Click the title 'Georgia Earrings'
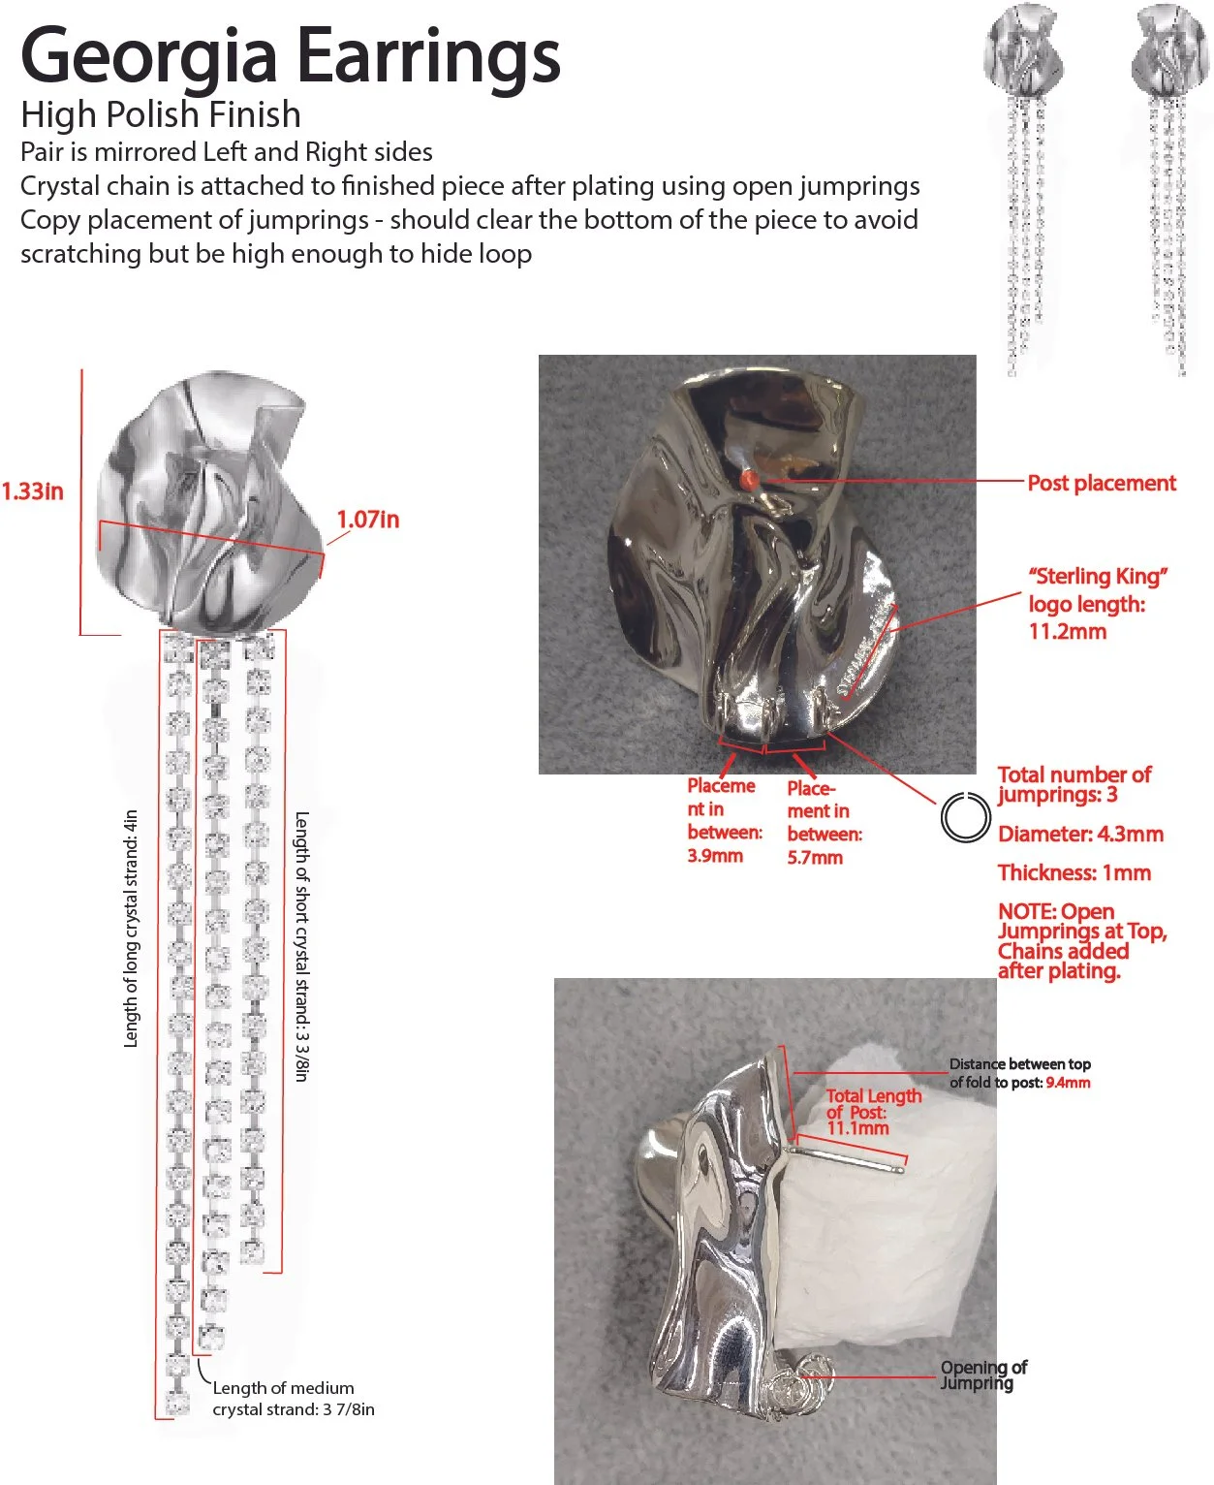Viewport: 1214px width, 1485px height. tap(291, 56)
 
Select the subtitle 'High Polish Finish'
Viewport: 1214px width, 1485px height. tap(161, 114)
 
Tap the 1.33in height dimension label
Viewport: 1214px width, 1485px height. tap(32, 490)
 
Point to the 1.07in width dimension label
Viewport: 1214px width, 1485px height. tap(367, 520)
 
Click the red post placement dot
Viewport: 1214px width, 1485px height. tap(748, 478)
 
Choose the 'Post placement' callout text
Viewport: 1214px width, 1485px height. tap(1101, 483)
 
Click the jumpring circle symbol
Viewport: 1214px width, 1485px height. tap(965, 817)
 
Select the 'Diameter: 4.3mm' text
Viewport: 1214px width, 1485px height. tap(1080, 834)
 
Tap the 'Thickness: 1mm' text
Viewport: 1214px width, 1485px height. tap(1074, 872)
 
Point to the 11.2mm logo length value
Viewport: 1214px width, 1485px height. tap(1067, 631)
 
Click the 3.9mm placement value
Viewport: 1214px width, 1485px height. tap(715, 856)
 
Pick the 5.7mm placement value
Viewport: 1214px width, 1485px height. tap(815, 858)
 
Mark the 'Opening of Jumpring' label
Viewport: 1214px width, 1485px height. tap(982, 1374)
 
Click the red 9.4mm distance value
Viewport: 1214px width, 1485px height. tap(1068, 1083)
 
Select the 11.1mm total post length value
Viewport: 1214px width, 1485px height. tap(857, 1128)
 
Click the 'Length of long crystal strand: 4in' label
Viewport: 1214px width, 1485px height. tap(131, 929)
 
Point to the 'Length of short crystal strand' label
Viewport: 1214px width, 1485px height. tap(301, 946)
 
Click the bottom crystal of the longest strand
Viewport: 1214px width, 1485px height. tap(177, 1402)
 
